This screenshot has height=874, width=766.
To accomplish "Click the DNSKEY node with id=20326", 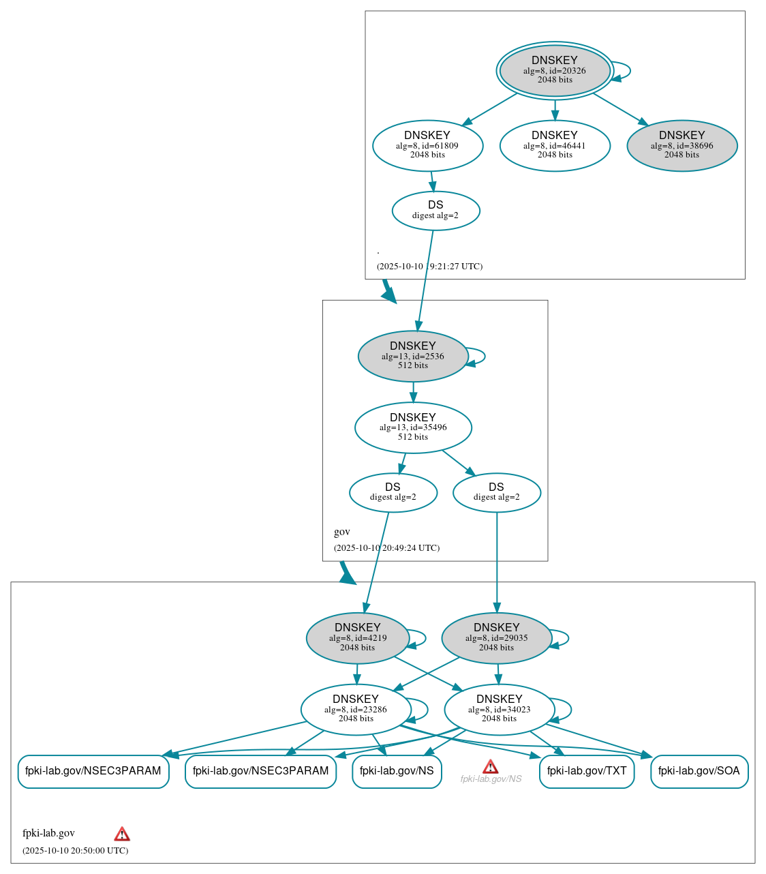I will tap(555, 70).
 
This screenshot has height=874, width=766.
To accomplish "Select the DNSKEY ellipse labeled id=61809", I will tap(427, 145).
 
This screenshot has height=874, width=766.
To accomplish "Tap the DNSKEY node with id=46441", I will tap(555, 145).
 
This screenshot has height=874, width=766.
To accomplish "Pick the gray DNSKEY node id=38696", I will tap(681, 145).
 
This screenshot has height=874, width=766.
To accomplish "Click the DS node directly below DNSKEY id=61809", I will tap(435, 210).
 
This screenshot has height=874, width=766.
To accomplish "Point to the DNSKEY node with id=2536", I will tap(413, 356).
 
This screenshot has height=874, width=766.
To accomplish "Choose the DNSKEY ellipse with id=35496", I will tap(413, 427).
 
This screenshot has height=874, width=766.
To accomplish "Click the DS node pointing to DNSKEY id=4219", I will tap(393, 492).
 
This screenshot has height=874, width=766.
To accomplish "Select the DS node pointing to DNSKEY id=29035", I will tap(496, 492).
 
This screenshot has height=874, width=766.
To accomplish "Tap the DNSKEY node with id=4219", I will tap(358, 637).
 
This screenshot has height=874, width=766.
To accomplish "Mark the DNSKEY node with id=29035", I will tap(496, 637).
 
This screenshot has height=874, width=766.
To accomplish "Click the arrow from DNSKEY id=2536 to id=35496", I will tap(413, 392).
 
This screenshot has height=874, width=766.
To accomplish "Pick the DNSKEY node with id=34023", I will tap(499, 709).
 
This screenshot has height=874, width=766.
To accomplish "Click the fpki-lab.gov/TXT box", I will tap(587, 771).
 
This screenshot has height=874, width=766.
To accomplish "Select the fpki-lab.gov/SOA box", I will tap(699, 771).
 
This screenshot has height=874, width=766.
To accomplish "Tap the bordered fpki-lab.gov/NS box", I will tap(397, 771).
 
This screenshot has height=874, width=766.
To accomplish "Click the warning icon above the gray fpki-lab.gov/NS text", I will tap(490, 766).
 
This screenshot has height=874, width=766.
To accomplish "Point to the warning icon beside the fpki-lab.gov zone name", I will tap(122, 834).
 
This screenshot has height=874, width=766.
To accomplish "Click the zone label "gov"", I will tap(342, 532).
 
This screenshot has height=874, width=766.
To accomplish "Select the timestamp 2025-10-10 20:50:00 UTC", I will tap(75, 850).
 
